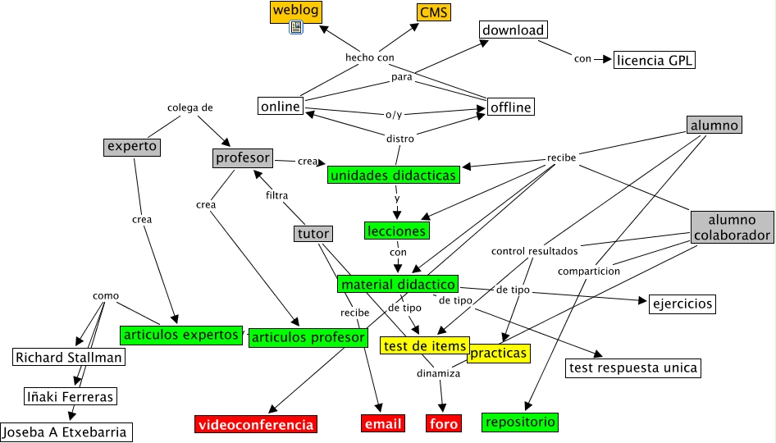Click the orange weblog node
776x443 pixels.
click(295, 11)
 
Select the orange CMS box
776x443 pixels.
click(434, 12)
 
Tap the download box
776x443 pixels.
click(513, 30)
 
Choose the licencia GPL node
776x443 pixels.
click(655, 59)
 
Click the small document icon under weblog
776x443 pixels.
click(296, 28)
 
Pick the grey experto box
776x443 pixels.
click(131, 147)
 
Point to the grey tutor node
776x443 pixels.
click(313, 234)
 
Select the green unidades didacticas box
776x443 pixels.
click(392, 175)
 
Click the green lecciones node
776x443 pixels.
click(396, 231)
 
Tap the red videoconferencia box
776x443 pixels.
click(255, 424)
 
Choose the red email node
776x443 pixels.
click(383, 423)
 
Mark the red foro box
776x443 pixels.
click(444, 423)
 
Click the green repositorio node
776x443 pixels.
click(520, 422)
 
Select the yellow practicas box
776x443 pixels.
click(498, 354)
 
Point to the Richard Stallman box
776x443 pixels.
click(69, 357)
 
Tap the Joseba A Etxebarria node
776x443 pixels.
click(66, 432)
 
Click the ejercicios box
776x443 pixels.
click(682, 304)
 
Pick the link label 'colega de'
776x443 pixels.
click(190, 107)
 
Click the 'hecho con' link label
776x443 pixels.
click(370, 57)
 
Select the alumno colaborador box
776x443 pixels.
click(732, 227)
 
